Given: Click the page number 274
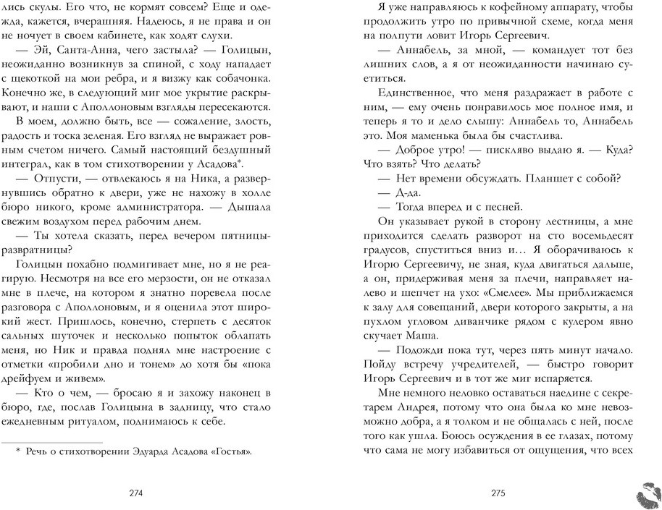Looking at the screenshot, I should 135,494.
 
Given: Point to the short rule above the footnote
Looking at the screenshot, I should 52,442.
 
